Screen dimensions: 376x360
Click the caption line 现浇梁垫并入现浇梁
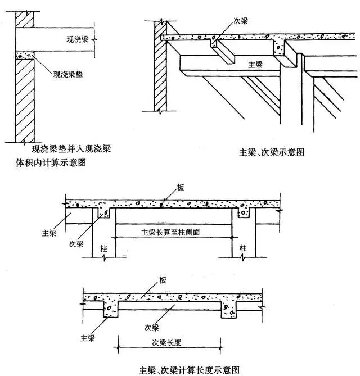(x=71, y=150)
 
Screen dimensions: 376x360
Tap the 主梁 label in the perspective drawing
(x=256, y=64)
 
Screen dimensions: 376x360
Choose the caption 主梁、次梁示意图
(x=272, y=151)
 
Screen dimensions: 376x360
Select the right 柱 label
(x=243, y=247)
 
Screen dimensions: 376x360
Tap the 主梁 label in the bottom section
(x=88, y=338)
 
